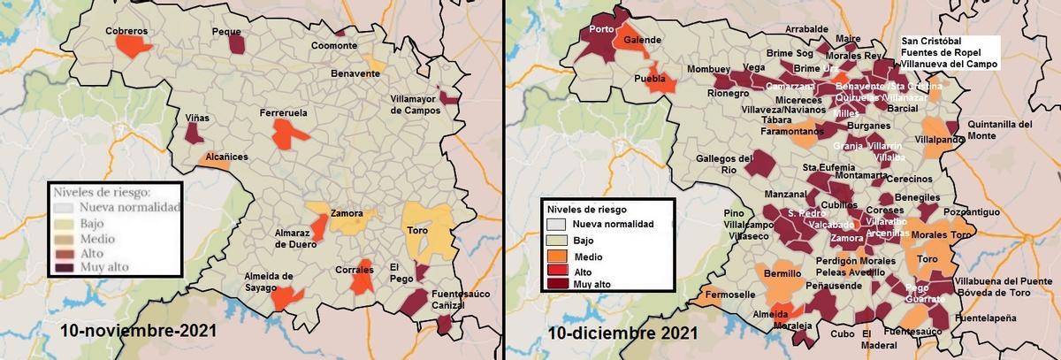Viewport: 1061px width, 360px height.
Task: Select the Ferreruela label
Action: (284, 113)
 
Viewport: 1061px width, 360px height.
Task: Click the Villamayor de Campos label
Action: (416, 105)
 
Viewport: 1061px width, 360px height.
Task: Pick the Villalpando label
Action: (939, 140)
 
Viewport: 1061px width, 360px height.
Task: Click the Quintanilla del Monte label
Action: (999, 130)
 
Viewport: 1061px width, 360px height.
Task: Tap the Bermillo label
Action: (782, 274)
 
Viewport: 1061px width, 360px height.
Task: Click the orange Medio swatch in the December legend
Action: (557, 256)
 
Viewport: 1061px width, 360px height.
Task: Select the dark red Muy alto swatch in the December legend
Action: (557, 283)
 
